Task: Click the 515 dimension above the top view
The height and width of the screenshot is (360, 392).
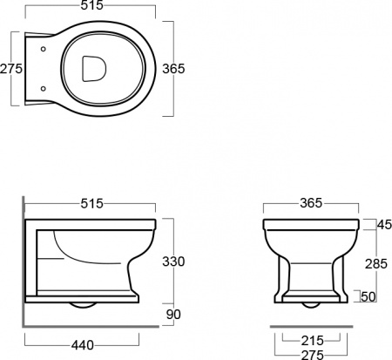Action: pos(91,5)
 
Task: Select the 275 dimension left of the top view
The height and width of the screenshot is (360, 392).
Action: pos(11,69)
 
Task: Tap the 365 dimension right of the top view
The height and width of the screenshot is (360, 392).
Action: pos(173,69)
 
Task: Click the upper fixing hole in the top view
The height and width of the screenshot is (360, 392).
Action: pos(44,50)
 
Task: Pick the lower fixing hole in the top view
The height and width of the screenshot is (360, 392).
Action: pos(44,88)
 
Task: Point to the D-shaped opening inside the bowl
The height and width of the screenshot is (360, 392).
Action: pos(94,69)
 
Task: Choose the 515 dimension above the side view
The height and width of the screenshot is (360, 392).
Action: pos(91,203)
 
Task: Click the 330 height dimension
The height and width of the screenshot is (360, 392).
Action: pos(173,262)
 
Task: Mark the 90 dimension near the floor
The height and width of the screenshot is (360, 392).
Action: pos(173,314)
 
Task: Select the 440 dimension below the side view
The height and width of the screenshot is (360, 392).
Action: pos(83,345)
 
